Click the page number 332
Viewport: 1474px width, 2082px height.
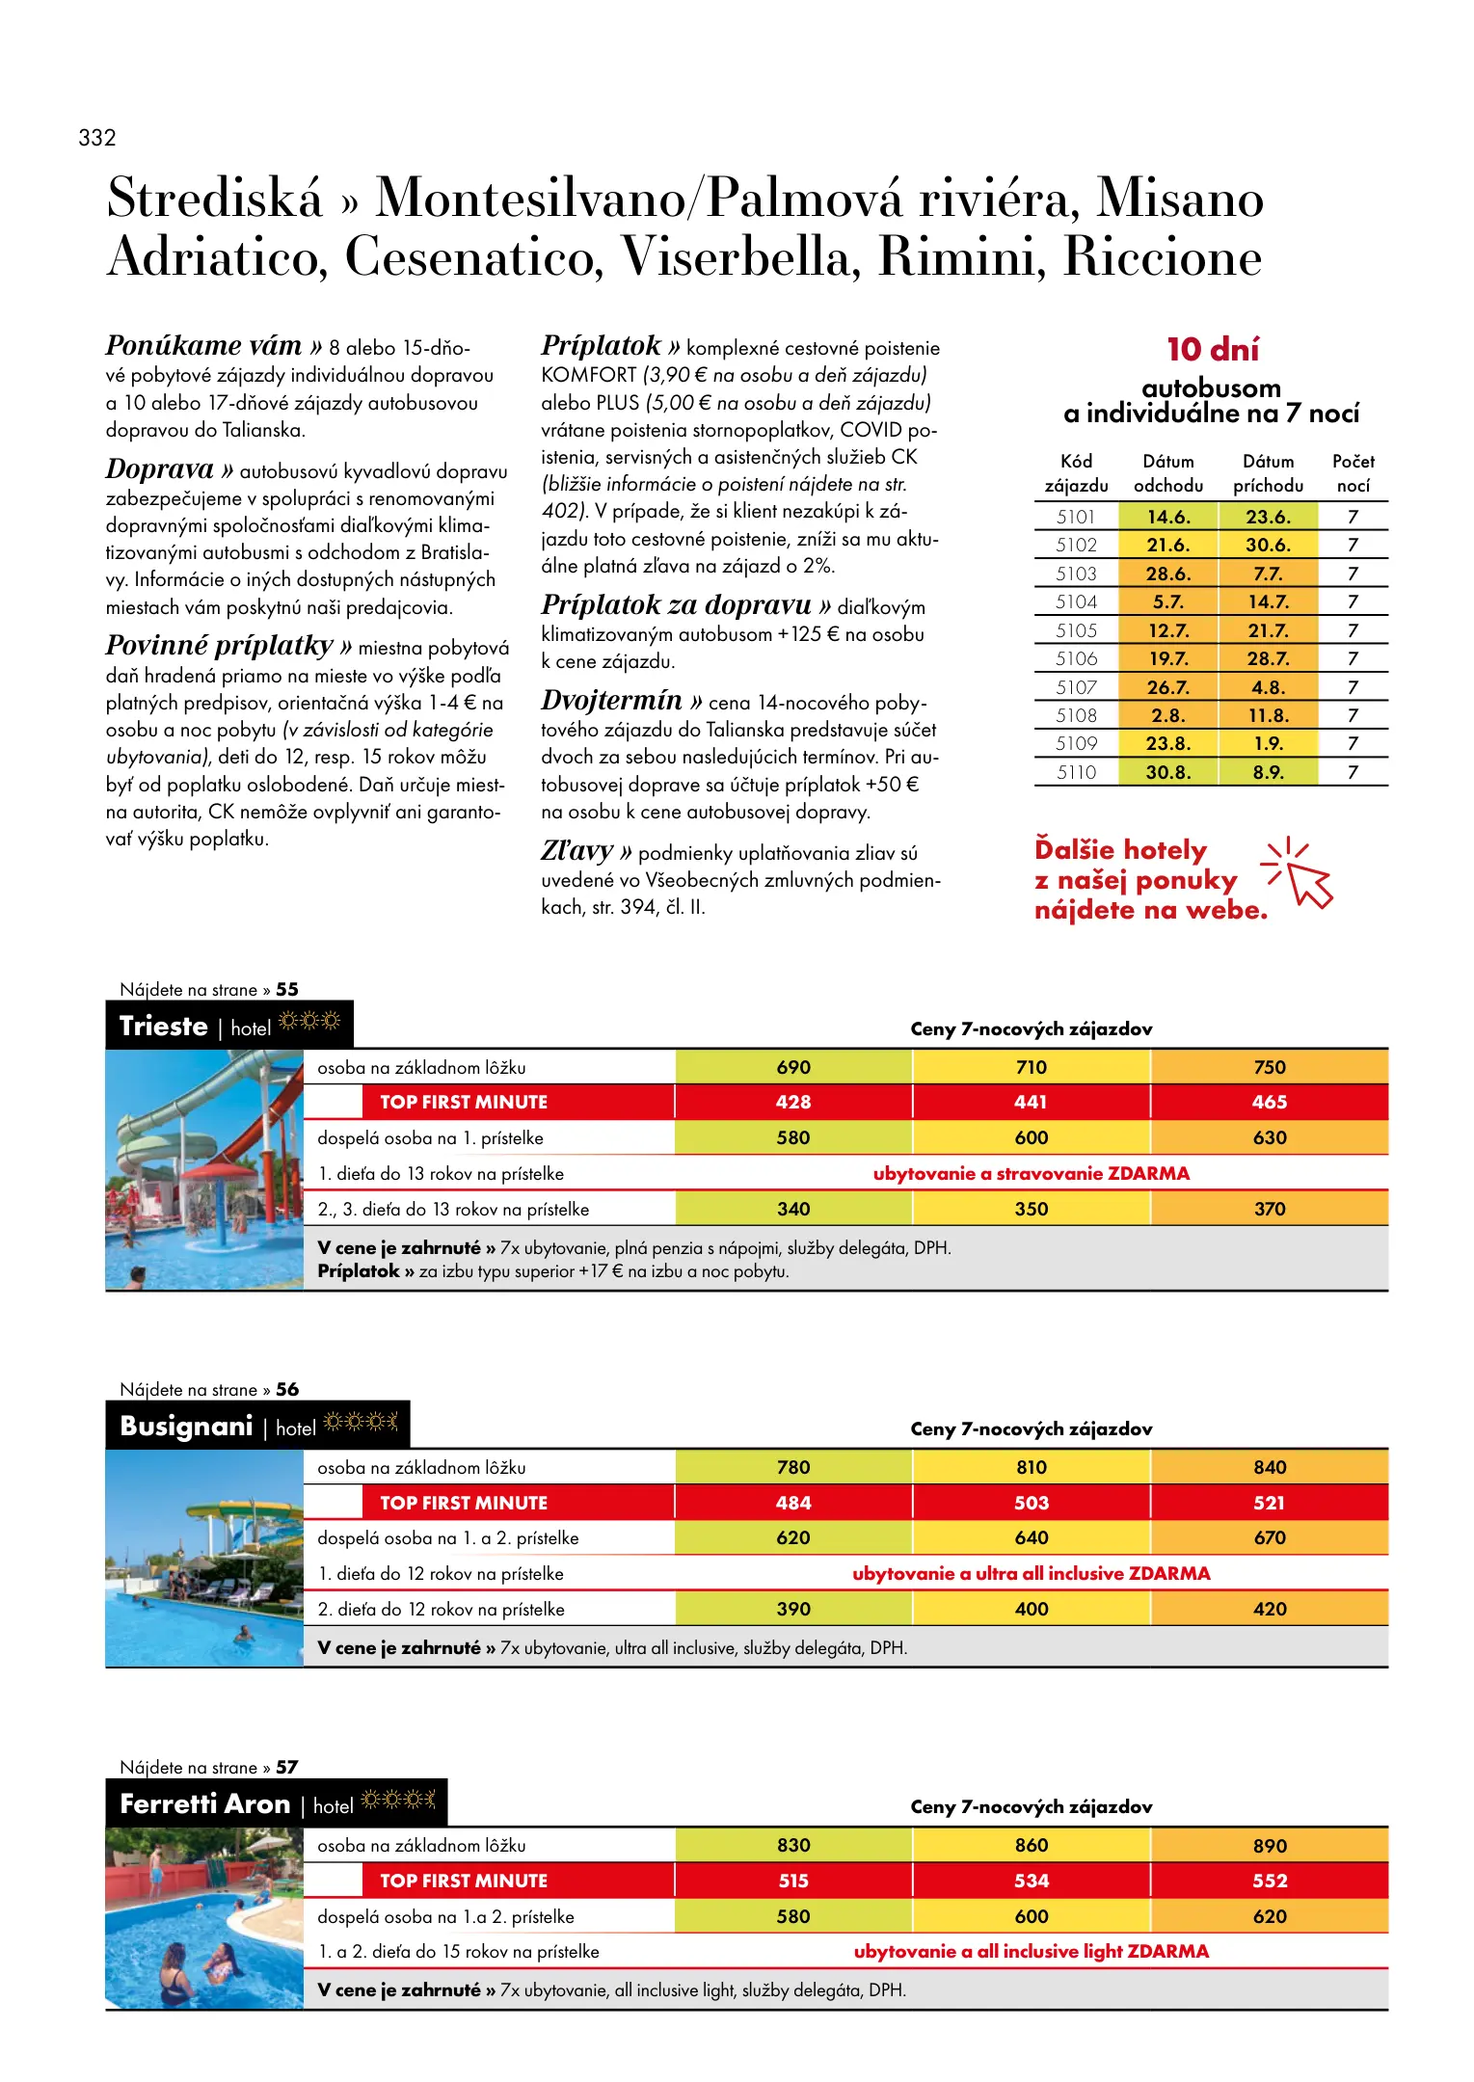coord(97,138)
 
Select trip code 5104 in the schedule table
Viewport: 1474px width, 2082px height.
coord(1076,602)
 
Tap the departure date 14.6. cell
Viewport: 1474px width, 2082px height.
coord(1167,517)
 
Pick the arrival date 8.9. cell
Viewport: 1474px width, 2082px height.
coord(1267,772)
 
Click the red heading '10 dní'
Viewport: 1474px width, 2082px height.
coord(1212,349)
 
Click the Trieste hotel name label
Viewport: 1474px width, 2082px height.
coord(163,1027)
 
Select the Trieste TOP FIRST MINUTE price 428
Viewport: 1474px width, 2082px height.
coord(792,1102)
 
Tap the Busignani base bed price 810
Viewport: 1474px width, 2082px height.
coord(1031,1467)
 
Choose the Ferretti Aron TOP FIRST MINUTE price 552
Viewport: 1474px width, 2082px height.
coord(1269,1881)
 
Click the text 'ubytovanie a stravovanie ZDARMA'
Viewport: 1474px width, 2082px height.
coord(1031,1173)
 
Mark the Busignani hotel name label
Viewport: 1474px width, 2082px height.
coord(186,1427)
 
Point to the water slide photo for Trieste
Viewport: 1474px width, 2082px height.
coord(204,1169)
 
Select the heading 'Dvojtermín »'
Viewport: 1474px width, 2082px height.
coord(622,701)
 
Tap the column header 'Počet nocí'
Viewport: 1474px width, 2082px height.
coord(1353,473)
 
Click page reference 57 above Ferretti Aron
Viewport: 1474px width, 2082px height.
coord(286,1767)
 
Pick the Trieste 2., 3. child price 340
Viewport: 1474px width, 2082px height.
coord(792,1209)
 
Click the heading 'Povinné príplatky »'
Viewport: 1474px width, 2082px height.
coord(228,645)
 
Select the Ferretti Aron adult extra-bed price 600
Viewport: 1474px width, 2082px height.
coord(1031,1916)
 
